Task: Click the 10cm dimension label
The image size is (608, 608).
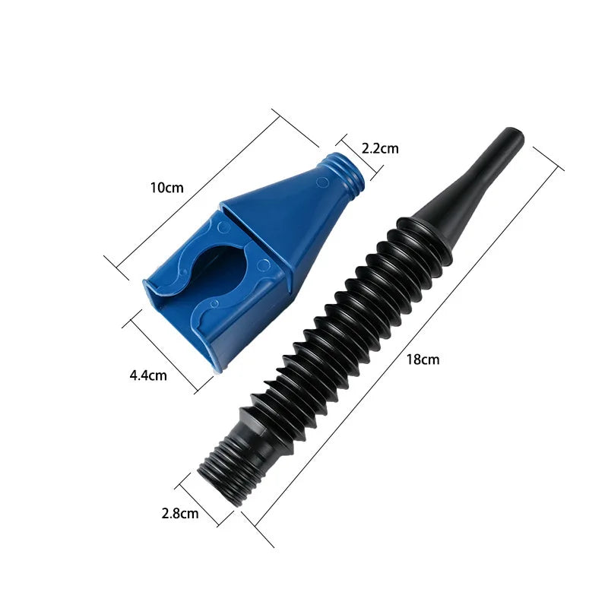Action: [x=167, y=187]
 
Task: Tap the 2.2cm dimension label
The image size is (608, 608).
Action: [x=380, y=148]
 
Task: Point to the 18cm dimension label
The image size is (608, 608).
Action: [x=423, y=360]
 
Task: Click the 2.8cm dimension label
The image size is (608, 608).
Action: [x=180, y=513]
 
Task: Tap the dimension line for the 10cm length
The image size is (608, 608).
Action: [x=213, y=190]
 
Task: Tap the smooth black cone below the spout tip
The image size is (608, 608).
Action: [x=464, y=190]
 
